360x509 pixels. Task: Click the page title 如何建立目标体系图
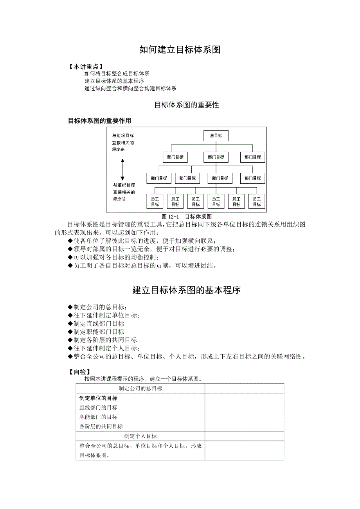click(180, 50)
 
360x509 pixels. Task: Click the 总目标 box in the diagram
click(216, 136)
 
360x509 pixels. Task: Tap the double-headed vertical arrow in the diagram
click(122, 169)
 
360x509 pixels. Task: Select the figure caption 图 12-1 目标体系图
click(187, 216)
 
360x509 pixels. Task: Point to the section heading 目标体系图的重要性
click(186, 105)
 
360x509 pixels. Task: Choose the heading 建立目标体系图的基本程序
click(186, 290)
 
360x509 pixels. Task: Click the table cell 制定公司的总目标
click(140, 388)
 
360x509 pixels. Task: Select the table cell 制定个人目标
click(140, 436)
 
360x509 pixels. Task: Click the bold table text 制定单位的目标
click(98, 398)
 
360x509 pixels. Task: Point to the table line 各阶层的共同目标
click(101, 427)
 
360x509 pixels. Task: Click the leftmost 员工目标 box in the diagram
click(155, 202)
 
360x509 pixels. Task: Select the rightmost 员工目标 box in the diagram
click(257, 202)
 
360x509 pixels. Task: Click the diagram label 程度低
click(119, 199)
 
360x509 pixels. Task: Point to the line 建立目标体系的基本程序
click(114, 81)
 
